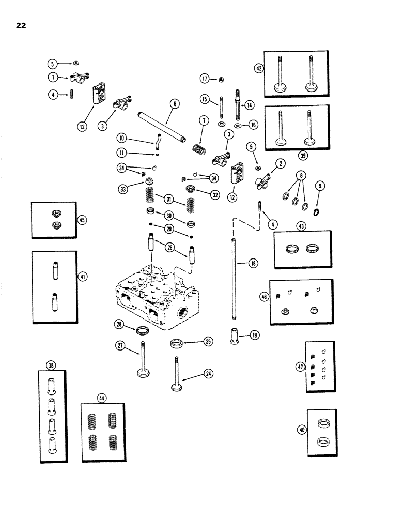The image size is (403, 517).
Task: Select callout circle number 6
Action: click(x=175, y=104)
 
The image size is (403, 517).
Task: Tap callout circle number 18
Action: click(x=253, y=264)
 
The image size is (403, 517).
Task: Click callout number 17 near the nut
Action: click(x=205, y=78)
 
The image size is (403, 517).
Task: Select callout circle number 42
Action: click(x=258, y=68)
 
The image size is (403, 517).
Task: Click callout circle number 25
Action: click(x=208, y=341)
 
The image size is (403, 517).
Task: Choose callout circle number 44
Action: click(x=101, y=398)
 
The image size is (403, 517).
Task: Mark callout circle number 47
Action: click(x=300, y=367)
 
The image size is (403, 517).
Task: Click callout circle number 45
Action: click(x=82, y=219)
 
